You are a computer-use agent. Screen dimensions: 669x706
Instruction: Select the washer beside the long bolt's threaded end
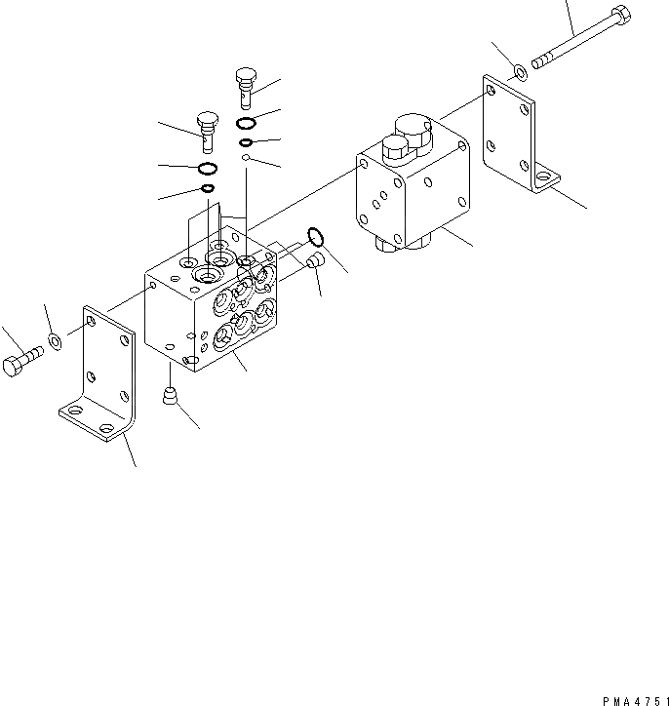pyautogui.click(x=520, y=71)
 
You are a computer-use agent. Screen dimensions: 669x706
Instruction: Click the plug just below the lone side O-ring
pyautogui.click(x=315, y=262)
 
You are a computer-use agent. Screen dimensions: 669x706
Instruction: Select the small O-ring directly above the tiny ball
pyautogui.click(x=247, y=143)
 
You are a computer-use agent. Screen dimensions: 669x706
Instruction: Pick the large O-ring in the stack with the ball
pyautogui.click(x=247, y=123)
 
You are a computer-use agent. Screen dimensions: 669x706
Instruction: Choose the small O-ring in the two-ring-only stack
pyautogui.click(x=208, y=187)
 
